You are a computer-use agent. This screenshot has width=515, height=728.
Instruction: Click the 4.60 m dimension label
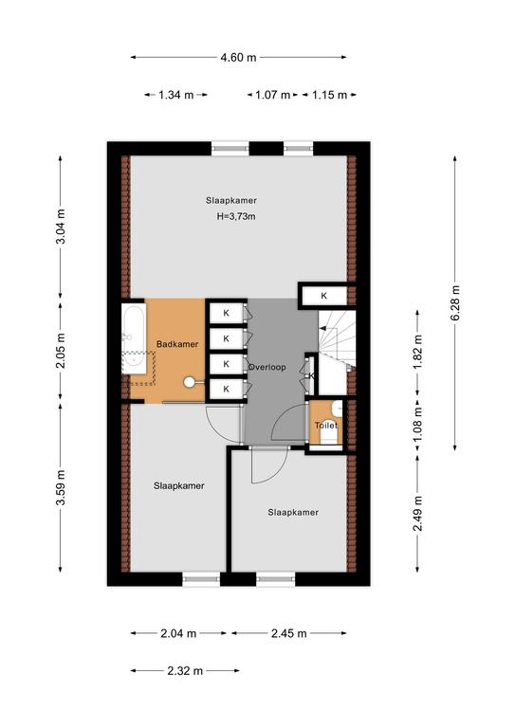pos(238,58)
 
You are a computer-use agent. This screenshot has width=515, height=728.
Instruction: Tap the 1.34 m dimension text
pos(176,95)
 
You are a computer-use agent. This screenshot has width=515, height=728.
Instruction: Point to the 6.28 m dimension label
pos(455,302)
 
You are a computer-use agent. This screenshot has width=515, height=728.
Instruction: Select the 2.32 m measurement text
pos(185,671)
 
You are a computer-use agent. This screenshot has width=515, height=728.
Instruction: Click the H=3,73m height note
pos(236,216)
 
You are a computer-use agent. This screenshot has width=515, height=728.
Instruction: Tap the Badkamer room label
pos(177,344)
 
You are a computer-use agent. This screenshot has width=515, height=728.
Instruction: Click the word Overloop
pos(267,367)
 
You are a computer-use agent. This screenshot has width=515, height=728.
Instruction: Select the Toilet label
pos(326,426)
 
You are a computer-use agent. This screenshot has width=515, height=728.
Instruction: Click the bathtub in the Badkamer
pos(134,338)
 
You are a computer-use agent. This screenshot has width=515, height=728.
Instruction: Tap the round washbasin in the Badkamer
pos(190,382)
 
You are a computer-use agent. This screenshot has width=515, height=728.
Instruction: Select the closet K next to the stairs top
pos(324,296)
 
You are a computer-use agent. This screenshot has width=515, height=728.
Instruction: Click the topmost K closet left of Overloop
pos(226,313)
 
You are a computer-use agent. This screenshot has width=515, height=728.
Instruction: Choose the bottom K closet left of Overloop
pos(226,389)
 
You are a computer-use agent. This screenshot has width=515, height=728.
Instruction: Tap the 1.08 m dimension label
pos(418,425)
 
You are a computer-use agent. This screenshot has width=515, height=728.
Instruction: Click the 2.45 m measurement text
pos(289,633)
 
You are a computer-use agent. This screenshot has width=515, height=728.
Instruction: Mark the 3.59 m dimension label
pos(61,488)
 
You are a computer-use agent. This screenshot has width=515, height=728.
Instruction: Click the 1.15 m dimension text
pos(329,95)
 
